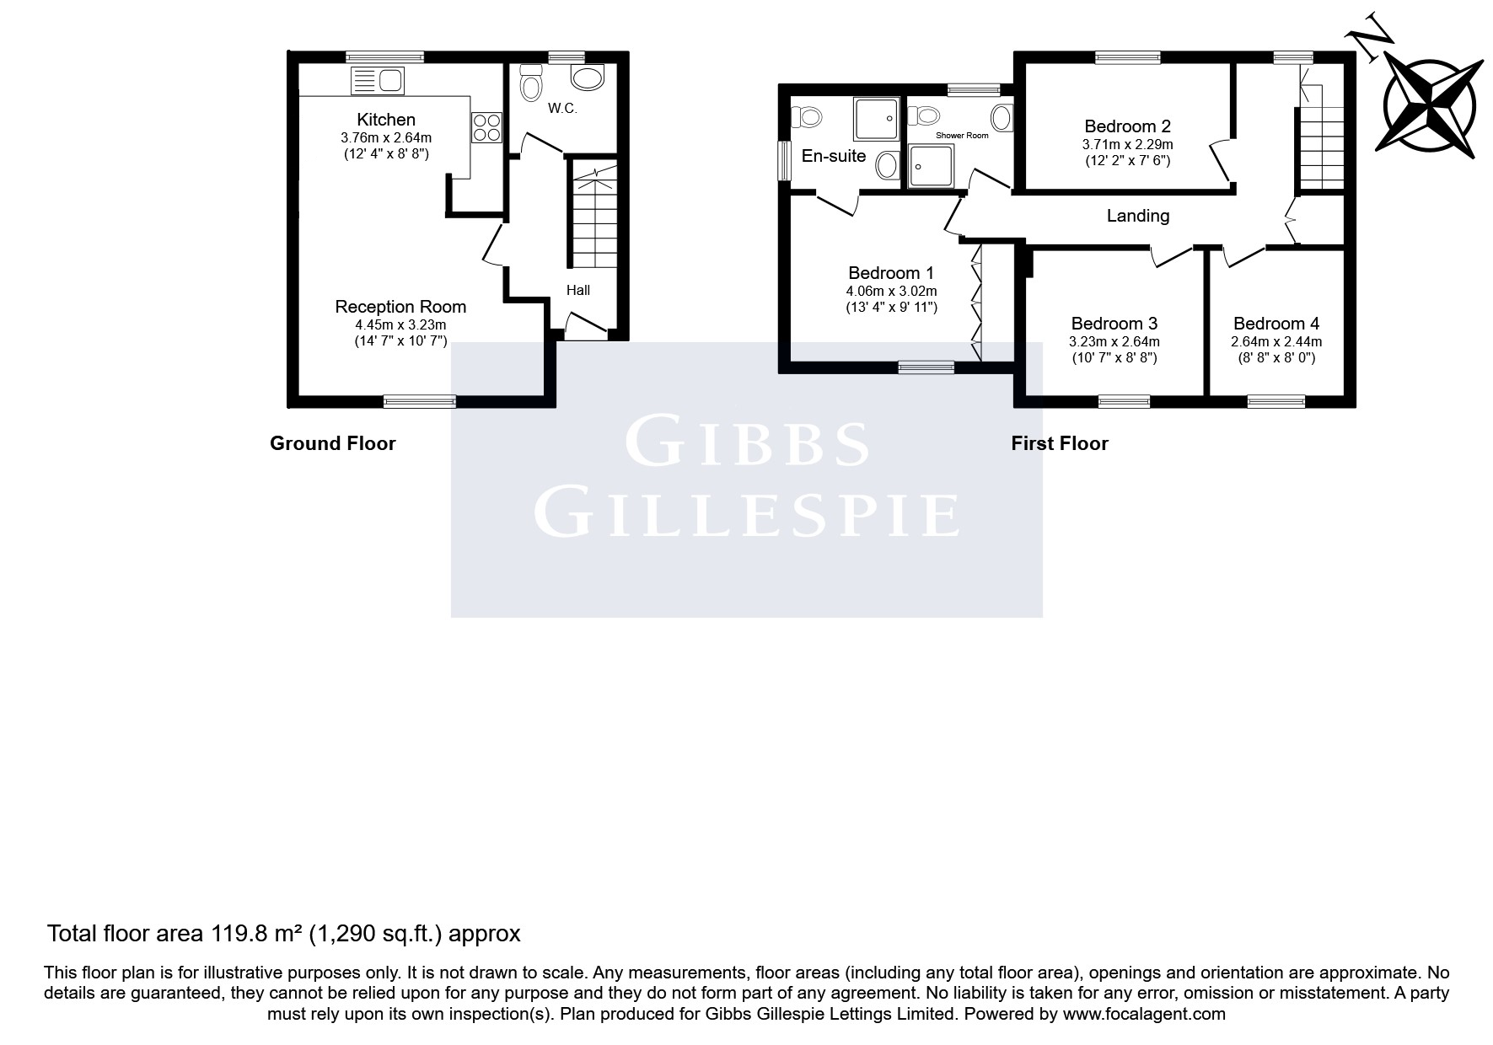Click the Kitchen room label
click(386, 120)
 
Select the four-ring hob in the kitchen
click(486, 127)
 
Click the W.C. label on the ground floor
click(562, 108)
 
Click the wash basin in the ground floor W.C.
click(588, 78)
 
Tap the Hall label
click(578, 290)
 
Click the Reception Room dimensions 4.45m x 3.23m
click(400, 325)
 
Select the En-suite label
click(834, 155)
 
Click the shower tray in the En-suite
click(877, 118)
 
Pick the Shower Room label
click(962, 135)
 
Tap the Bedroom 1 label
click(891, 273)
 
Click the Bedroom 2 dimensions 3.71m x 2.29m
click(1128, 144)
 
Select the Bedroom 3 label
click(1114, 324)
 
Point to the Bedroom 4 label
click(1276, 324)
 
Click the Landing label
click(1138, 216)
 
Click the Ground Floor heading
click(332, 443)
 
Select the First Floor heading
click(1060, 443)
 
